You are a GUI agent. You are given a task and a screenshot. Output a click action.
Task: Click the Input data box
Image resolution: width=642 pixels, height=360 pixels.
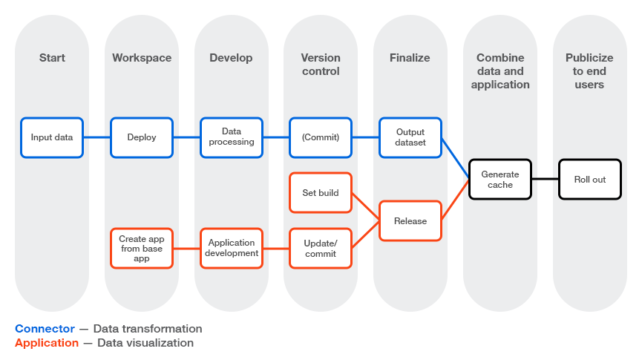tap(52, 137)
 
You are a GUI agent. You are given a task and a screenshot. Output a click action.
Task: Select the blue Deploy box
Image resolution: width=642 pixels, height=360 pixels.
tap(142, 137)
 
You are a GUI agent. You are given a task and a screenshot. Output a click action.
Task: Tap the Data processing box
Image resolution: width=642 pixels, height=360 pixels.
tap(232, 137)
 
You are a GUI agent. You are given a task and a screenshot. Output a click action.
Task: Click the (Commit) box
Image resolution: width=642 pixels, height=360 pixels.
tap(321, 137)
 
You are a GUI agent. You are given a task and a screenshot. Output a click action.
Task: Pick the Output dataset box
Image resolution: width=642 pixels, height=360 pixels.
tap(410, 137)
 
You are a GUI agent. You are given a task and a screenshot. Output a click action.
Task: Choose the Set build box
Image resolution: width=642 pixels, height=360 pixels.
tap(321, 193)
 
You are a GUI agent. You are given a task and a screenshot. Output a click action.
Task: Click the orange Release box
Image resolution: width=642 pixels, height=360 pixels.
tap(410, 221)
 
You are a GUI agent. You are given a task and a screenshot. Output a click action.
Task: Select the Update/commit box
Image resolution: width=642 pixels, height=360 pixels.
tap(321, 249)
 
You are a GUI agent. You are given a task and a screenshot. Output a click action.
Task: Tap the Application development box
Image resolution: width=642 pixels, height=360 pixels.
tap(232, 249)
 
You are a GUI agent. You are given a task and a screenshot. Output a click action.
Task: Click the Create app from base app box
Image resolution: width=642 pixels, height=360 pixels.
tap(142, 249)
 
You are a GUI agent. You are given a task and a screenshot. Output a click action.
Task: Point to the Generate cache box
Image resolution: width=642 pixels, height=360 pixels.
tap(500, 180)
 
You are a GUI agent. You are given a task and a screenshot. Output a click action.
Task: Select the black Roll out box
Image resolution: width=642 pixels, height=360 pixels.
tap(589, 180)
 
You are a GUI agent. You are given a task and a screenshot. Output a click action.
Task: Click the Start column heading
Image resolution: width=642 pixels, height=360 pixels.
tap(52, 58)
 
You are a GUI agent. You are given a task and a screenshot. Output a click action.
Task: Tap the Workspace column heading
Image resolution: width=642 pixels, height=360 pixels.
tap(142, 58)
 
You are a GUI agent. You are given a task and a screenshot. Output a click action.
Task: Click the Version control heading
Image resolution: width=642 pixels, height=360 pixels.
tap(321, 65)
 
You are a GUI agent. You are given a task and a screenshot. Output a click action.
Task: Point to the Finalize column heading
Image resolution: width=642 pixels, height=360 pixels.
tap(410, 58)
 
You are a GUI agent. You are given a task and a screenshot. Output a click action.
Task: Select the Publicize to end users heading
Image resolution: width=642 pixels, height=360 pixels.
tap(589, 71)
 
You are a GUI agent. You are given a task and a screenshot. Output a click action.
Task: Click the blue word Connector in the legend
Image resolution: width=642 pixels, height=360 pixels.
tap(45, 329)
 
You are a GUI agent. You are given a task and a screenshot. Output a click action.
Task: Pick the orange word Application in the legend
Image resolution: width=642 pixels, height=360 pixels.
tap(47, 343)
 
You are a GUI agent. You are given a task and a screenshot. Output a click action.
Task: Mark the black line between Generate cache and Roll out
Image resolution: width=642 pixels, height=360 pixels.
tap(545, 180)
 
